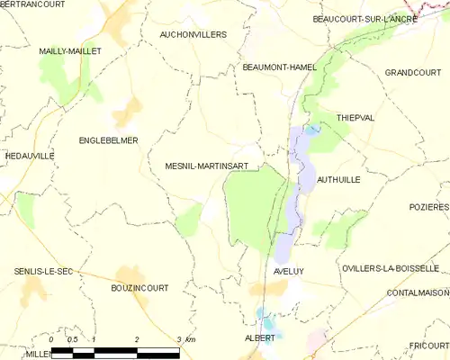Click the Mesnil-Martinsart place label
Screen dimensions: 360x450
213,166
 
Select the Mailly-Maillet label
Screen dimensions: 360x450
70,51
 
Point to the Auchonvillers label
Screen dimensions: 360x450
193,34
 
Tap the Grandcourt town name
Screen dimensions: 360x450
413,72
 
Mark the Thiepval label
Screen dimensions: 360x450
354,117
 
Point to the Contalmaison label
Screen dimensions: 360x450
417,293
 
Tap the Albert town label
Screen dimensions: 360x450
260,337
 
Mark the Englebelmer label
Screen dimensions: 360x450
108,140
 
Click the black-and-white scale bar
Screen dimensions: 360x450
118,351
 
